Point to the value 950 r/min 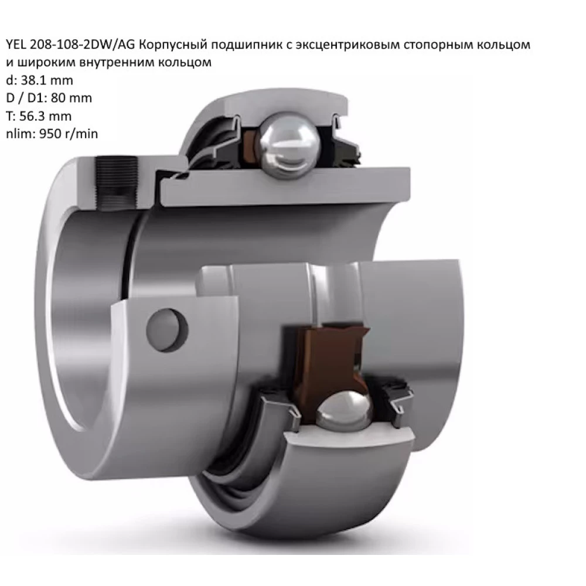point(67,134)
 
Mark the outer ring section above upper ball point(281,105)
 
